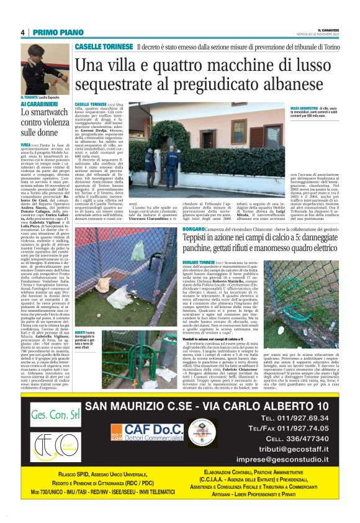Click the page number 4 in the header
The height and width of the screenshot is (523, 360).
click(x=23, y=32)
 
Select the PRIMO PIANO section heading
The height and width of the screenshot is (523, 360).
click(x=52, y=32)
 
